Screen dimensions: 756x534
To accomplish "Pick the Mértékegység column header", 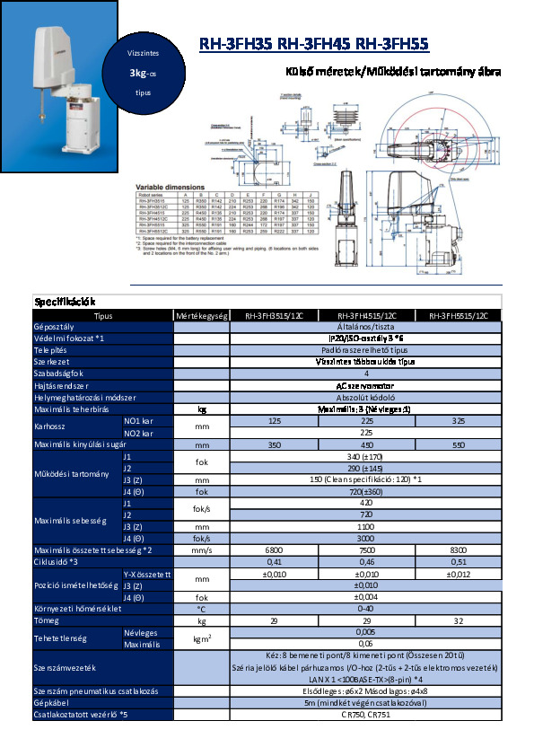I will [202, 316].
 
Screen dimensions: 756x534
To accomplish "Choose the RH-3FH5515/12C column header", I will [458, 316].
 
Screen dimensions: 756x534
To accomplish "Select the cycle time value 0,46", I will [363, 561].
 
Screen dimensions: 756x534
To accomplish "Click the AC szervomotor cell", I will [363, 384].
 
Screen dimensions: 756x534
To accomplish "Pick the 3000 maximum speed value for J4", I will [363, 537].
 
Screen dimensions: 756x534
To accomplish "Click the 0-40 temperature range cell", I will [363, 609].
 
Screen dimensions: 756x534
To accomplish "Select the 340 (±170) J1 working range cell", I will [363, 455].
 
